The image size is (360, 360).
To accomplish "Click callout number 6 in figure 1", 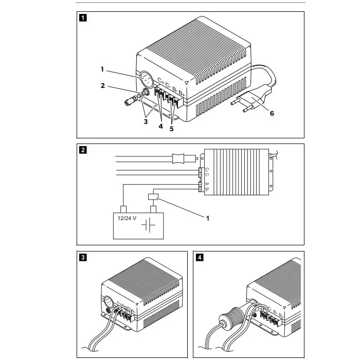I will (272, 114).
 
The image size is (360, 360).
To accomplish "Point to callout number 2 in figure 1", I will (103, 86).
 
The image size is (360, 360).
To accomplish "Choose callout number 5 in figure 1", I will (171, 129).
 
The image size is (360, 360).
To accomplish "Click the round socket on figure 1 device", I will (145, 80).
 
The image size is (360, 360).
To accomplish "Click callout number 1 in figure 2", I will (208, 218).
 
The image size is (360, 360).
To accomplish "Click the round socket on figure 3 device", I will (109, 302).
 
